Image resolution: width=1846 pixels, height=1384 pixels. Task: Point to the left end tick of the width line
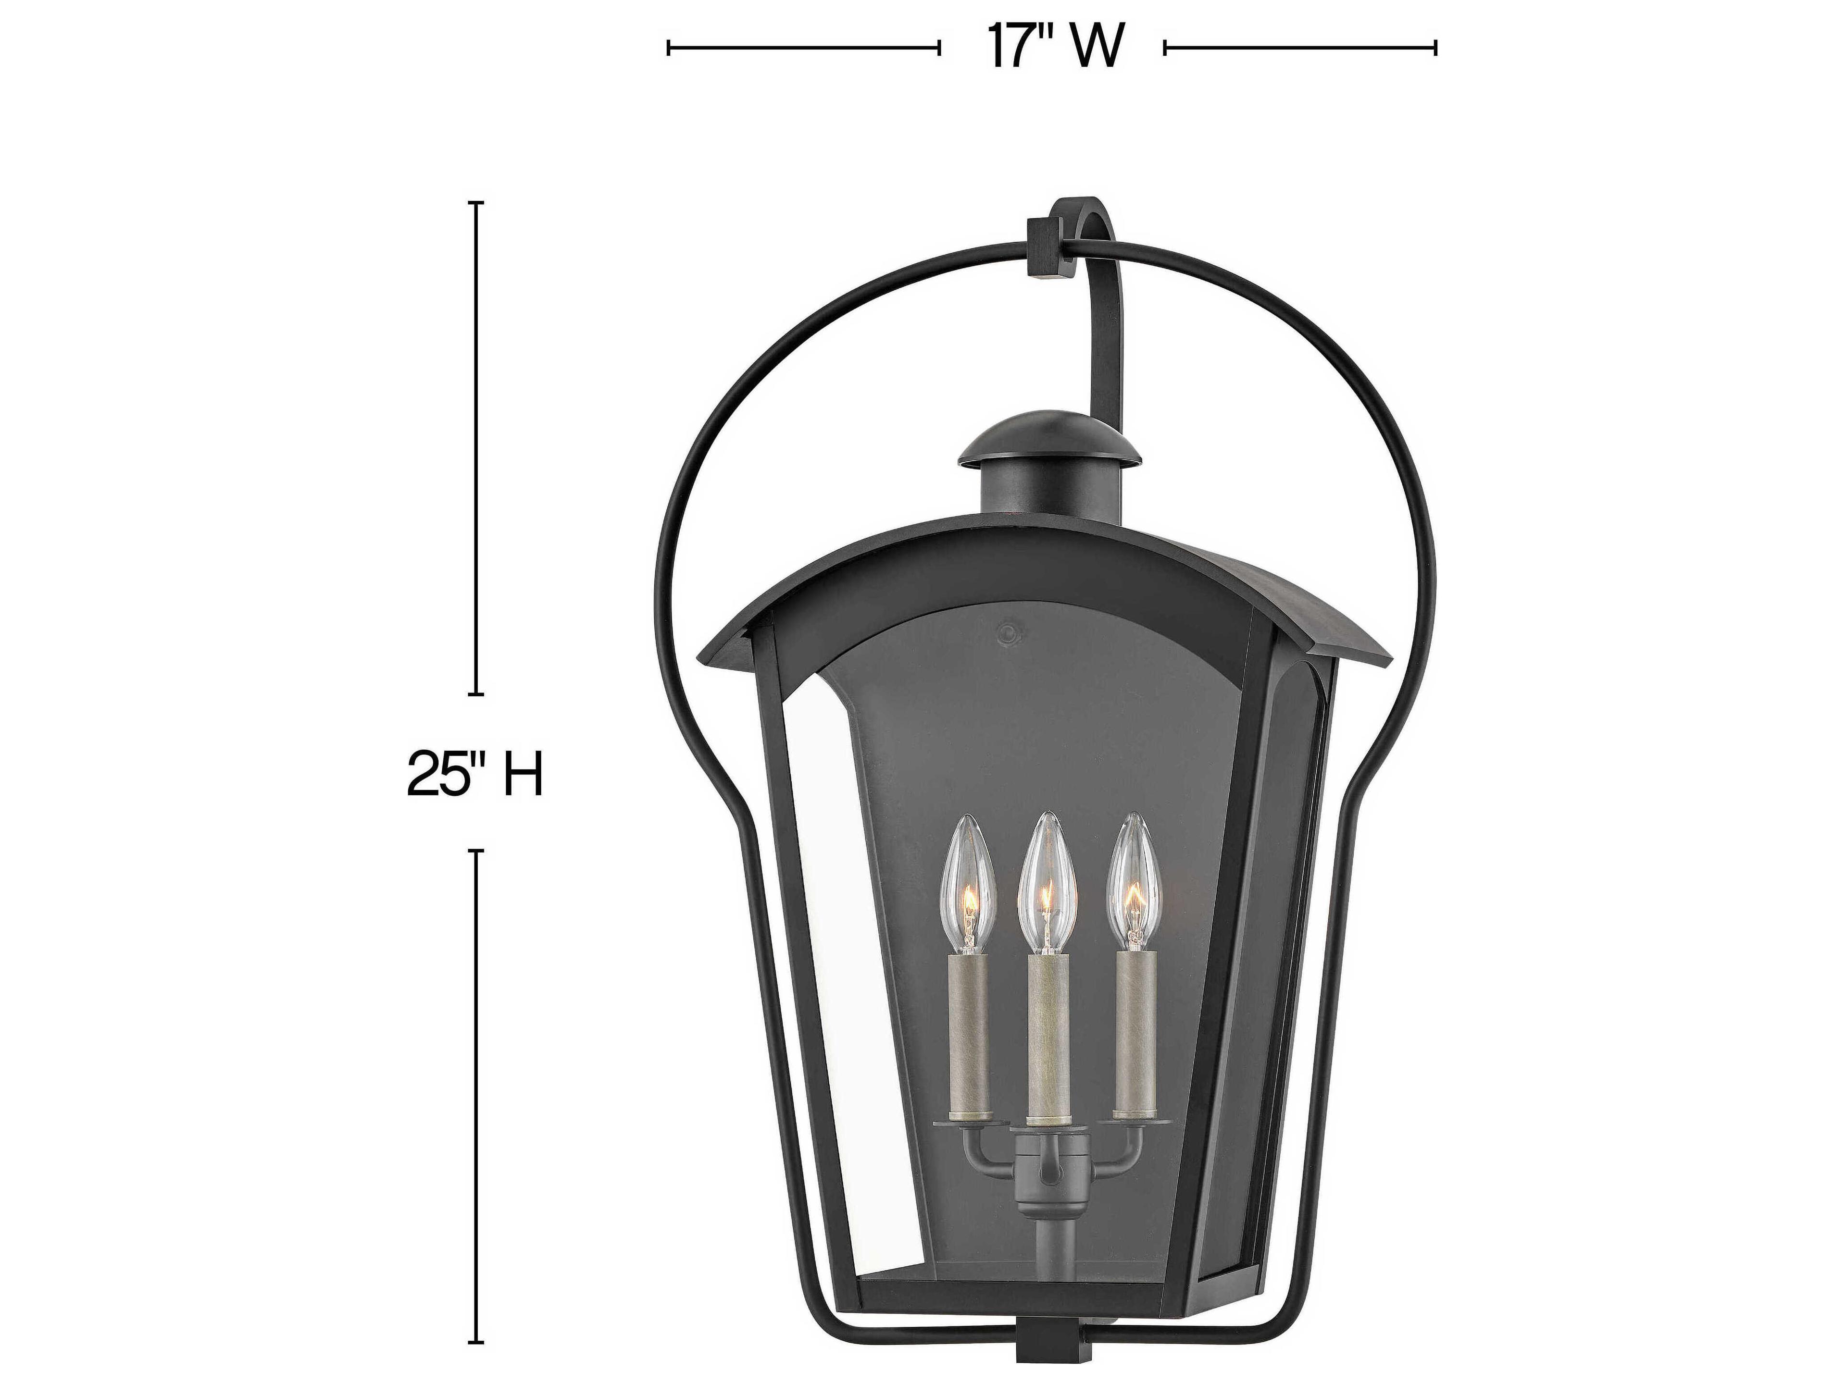point(669,48)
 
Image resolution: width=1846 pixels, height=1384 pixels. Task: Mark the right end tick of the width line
point(1435,48)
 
